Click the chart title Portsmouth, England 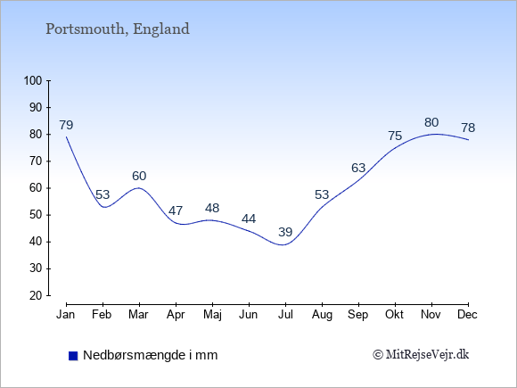[118, 29]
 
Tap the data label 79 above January [66, 125]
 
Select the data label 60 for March [139, 176]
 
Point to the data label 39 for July [285, 232]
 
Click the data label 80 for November [431, 123]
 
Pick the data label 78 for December [468, 128]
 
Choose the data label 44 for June [249, 219]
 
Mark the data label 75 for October [395, 136]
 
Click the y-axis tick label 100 [33, 81]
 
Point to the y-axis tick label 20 [36, 295]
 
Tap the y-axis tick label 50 [36, 215]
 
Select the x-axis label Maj [212, 315]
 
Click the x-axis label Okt [394, 315]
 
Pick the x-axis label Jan [66, 315]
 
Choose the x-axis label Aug [322, 315]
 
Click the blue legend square [73, 356]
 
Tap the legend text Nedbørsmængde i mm [151, 355]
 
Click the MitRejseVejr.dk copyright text [421, 355]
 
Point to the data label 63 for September [358, 169]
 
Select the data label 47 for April [176, 211]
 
